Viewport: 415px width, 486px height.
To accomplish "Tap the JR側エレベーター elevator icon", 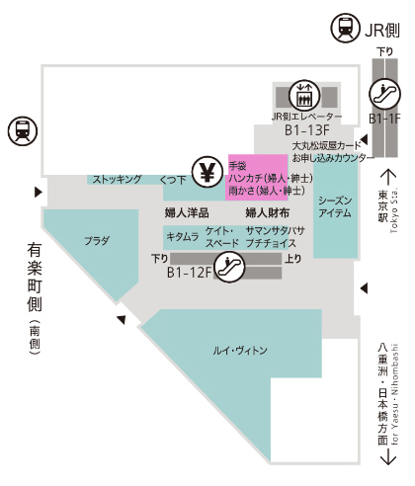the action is click(304, 95).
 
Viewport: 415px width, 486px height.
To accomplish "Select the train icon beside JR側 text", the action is click(345, 28).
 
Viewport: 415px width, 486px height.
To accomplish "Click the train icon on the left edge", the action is click(23, 131).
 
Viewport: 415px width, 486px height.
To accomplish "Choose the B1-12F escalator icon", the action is click(229, 267).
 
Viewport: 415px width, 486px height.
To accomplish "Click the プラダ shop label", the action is click(97, 241).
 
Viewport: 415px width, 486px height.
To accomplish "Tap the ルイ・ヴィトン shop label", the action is click(240, 351).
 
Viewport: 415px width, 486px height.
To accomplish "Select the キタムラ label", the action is click(183, 236).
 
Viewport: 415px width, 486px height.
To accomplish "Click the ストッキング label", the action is click(117, 179).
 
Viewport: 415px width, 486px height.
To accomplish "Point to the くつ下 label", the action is click(173, 180).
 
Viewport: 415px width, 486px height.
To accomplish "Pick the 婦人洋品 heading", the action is click(187, 213).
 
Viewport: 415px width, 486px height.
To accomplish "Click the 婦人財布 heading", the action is click(268, 213).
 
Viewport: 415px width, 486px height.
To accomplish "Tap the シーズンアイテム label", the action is click(335, 206).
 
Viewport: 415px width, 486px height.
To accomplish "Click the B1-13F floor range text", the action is click(307, 130).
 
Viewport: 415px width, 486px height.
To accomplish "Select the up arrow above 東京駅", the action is click(388, 178).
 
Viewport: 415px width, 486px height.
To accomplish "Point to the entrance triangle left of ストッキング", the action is click(39, 192).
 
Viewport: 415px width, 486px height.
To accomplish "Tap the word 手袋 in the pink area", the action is click(237, 166).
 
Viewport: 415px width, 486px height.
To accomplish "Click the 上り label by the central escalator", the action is click(293, 259).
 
